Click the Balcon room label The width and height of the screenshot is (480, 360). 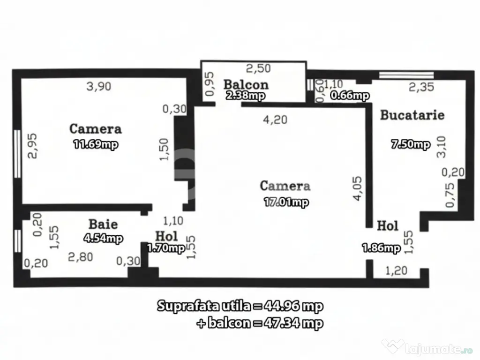click(246, 84)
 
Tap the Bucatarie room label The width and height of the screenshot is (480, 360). click(412, 115)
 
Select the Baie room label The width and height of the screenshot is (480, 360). click(103, 224)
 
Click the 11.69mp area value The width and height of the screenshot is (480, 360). click(96, 144)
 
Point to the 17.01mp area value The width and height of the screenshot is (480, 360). click(285, 202)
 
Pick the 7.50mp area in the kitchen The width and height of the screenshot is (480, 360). click(411, 144)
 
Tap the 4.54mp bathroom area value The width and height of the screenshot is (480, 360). click(103, 239)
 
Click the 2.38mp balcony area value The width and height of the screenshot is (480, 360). click(246, 96)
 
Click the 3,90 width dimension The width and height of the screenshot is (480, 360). click(99, 86)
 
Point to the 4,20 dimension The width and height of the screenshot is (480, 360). click(276, 120)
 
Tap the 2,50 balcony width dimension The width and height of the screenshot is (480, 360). click(258, 68)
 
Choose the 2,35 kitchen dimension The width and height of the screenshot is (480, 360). click(421, 87)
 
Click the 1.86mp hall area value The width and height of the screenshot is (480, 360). click(381, 248)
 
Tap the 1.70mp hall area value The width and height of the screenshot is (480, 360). click(166, 248)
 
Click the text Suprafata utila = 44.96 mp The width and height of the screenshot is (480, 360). click(240, 307)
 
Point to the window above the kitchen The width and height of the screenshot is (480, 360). click(406, 75)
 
